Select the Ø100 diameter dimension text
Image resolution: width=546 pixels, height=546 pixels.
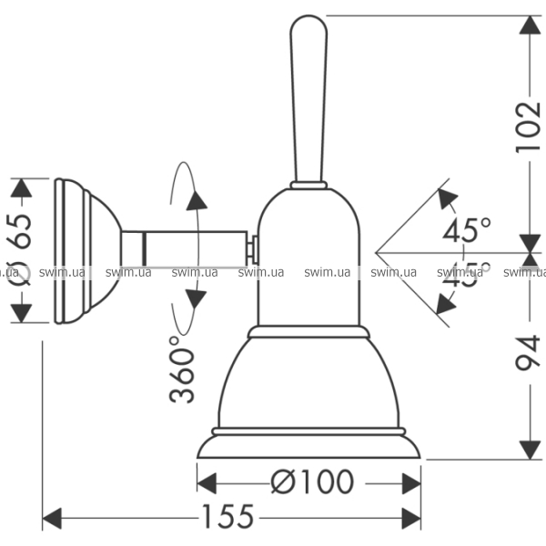pos(310,480)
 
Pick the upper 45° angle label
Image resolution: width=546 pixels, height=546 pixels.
pos(466,229)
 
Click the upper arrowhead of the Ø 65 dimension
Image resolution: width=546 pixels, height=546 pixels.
pos(21,187)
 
